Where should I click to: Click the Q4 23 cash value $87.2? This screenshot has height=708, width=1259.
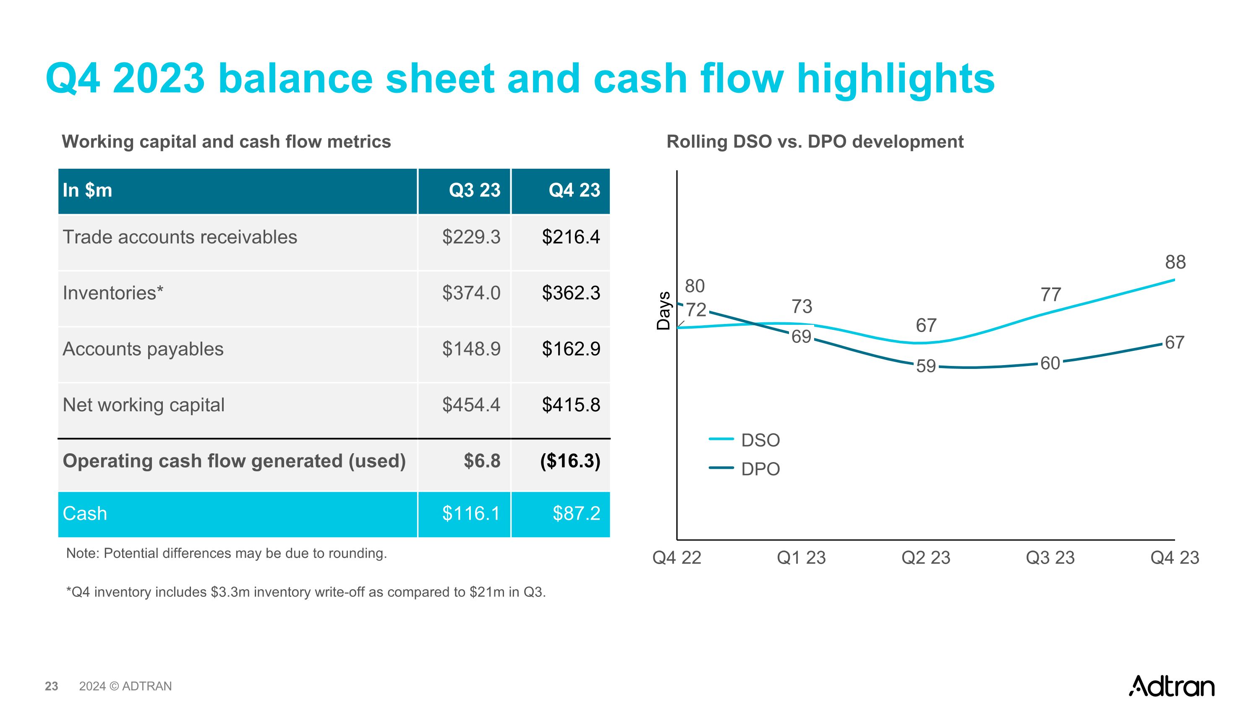[576, 514]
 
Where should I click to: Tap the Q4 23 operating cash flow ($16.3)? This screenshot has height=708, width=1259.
[570, 461]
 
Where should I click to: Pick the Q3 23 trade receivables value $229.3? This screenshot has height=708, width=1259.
[471, 237]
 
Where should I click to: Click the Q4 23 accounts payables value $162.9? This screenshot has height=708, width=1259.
[571, 349]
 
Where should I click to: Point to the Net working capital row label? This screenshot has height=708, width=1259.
[144, 405]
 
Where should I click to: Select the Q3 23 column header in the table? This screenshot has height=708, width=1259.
[475, 190]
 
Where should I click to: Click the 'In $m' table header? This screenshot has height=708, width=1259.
[87, 190]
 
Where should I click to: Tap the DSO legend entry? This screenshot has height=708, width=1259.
[760, 440]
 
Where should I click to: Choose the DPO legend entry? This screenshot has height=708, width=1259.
[760, 469]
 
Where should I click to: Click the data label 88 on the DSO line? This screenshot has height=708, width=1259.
[1175, 262]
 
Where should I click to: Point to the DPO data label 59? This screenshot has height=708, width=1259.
[926, 366]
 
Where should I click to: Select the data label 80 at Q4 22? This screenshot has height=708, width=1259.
[695, 286]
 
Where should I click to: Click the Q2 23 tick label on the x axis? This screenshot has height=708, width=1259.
[926, 557]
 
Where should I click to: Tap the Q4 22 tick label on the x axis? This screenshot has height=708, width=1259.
[677, 557]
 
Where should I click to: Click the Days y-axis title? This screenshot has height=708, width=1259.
[663, 311]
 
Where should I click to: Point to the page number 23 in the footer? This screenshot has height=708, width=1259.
[51, 687]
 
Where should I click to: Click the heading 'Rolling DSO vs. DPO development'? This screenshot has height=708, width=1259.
[815, 142]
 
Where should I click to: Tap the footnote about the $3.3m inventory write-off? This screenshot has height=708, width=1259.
[306, 592]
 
